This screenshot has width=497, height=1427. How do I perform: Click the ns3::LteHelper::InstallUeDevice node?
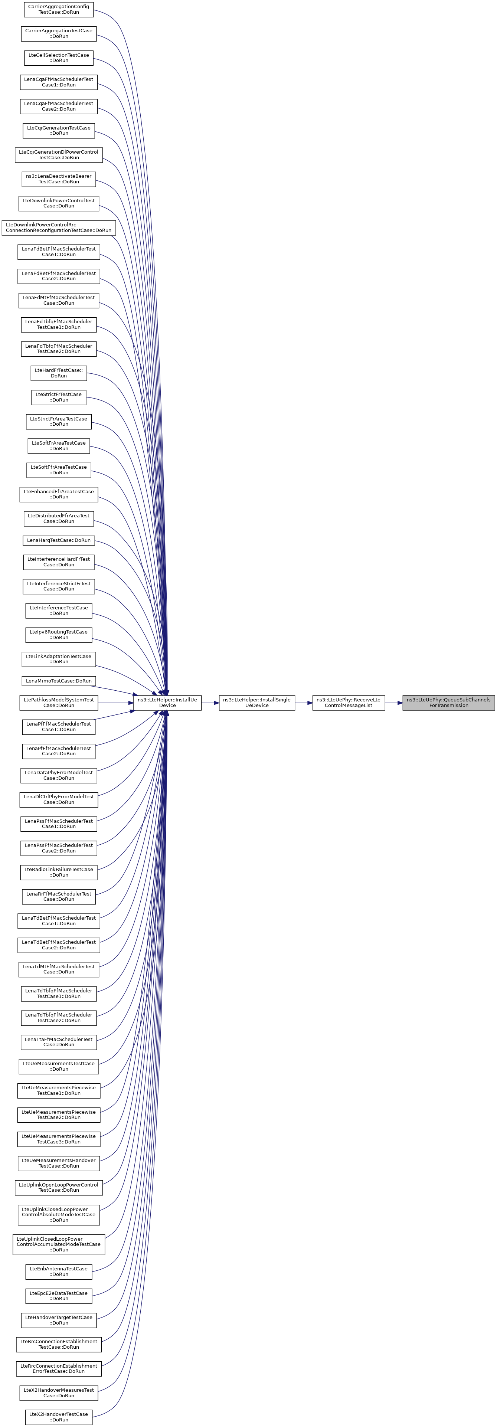coord(167,703)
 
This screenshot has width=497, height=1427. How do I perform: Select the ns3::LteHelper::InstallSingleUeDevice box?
coord(256,703)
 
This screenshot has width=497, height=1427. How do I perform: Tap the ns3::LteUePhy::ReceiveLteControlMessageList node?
coord(349,703)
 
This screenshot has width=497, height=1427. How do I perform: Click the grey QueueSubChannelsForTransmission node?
coord(448,703)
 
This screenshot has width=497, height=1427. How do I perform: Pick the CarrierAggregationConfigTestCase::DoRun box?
coord(59,9)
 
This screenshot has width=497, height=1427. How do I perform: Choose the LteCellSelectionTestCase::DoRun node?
coord(59,58)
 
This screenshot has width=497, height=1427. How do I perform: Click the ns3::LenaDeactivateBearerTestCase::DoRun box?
coord(59,179)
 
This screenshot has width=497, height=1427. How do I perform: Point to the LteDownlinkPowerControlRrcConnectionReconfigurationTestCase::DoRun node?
coord(59,228)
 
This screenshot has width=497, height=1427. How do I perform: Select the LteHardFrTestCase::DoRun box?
coord(59,373)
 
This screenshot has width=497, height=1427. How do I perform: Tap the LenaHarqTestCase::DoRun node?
coord(59,540)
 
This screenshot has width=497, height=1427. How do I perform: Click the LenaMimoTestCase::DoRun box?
coord(59,681)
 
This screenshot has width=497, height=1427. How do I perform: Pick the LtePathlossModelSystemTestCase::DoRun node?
coord(59,703)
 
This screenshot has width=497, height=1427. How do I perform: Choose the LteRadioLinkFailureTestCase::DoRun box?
coord(59,872)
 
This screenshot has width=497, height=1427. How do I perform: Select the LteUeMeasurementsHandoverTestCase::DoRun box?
coord(59,1163)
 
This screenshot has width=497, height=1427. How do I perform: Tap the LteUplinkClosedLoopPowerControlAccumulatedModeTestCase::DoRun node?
coord(59,1244)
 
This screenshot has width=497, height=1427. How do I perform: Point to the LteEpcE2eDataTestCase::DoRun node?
coord(59,1296)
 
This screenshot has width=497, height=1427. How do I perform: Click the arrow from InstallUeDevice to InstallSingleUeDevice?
coord(210,703)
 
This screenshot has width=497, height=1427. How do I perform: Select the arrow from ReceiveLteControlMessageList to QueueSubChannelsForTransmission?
coord(393,703)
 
